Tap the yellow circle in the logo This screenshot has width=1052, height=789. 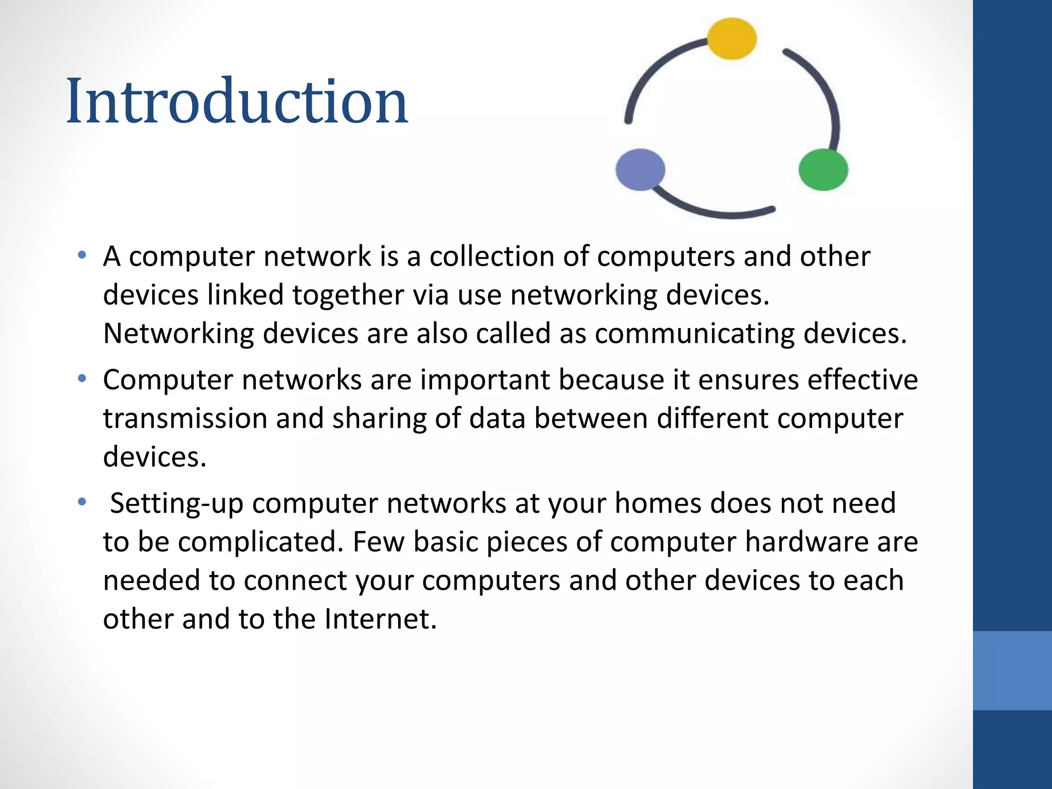(731, 39)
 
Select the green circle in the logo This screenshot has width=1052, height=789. (823, 170)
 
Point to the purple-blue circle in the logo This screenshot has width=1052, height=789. (640, 170)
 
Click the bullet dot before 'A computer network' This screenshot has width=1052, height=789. (82, 255)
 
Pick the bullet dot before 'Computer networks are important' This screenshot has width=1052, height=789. (82, 379)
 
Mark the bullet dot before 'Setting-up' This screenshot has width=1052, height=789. (82, 502)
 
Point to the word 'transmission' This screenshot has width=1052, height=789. (185, 418)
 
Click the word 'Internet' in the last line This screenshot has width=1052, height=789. (380, 618)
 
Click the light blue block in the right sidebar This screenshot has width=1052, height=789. (1012, 670)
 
